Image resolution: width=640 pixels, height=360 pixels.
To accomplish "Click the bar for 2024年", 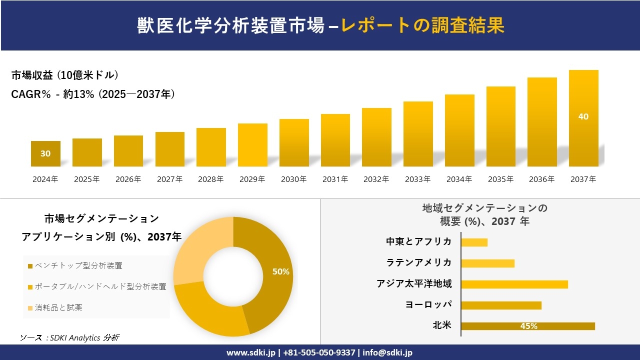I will click(45, 154).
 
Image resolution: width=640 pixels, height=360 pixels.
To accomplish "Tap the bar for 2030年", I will click(294, 142).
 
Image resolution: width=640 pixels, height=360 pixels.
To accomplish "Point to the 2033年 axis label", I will click(417, 179).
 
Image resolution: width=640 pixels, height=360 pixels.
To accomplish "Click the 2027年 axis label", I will click(169, 179).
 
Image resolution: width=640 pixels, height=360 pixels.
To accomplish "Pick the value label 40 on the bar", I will click(583, 116).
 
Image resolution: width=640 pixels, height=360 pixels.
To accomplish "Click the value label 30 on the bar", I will click(45, 153).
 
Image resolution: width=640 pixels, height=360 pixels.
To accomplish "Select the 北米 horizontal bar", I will click(527, 326).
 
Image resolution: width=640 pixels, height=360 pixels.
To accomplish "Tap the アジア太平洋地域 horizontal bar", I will click(514, 284).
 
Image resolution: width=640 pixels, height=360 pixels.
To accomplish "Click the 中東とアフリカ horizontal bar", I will click(474, 242).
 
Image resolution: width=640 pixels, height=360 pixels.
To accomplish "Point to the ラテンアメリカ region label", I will click(418, 262).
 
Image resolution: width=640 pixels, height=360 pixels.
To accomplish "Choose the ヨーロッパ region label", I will click(428, 304).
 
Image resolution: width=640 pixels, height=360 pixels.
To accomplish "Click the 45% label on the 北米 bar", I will click(528, 326).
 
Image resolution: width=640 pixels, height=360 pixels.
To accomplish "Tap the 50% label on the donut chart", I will click(280, 271).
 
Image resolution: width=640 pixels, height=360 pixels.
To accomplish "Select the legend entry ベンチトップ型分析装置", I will click(78, 265).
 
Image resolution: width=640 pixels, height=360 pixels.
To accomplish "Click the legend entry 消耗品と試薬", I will click(58, 307).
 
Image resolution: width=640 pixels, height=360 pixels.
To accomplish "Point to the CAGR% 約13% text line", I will click(93, 94).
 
